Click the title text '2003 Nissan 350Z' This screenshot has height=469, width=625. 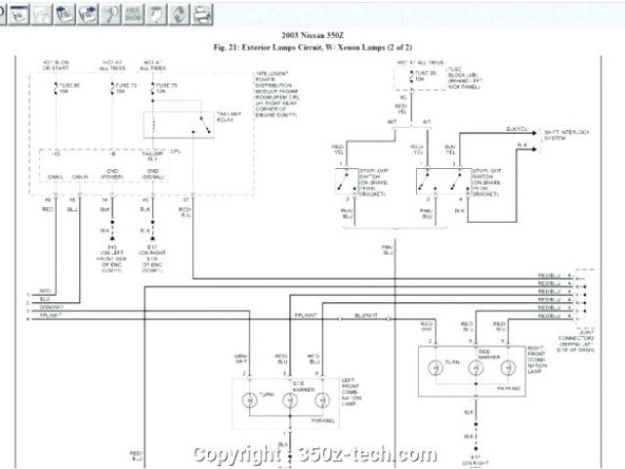tap(311, 36)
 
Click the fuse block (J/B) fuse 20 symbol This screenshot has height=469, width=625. tap(404, 76)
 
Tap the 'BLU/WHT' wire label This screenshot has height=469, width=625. tap(366, 316)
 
